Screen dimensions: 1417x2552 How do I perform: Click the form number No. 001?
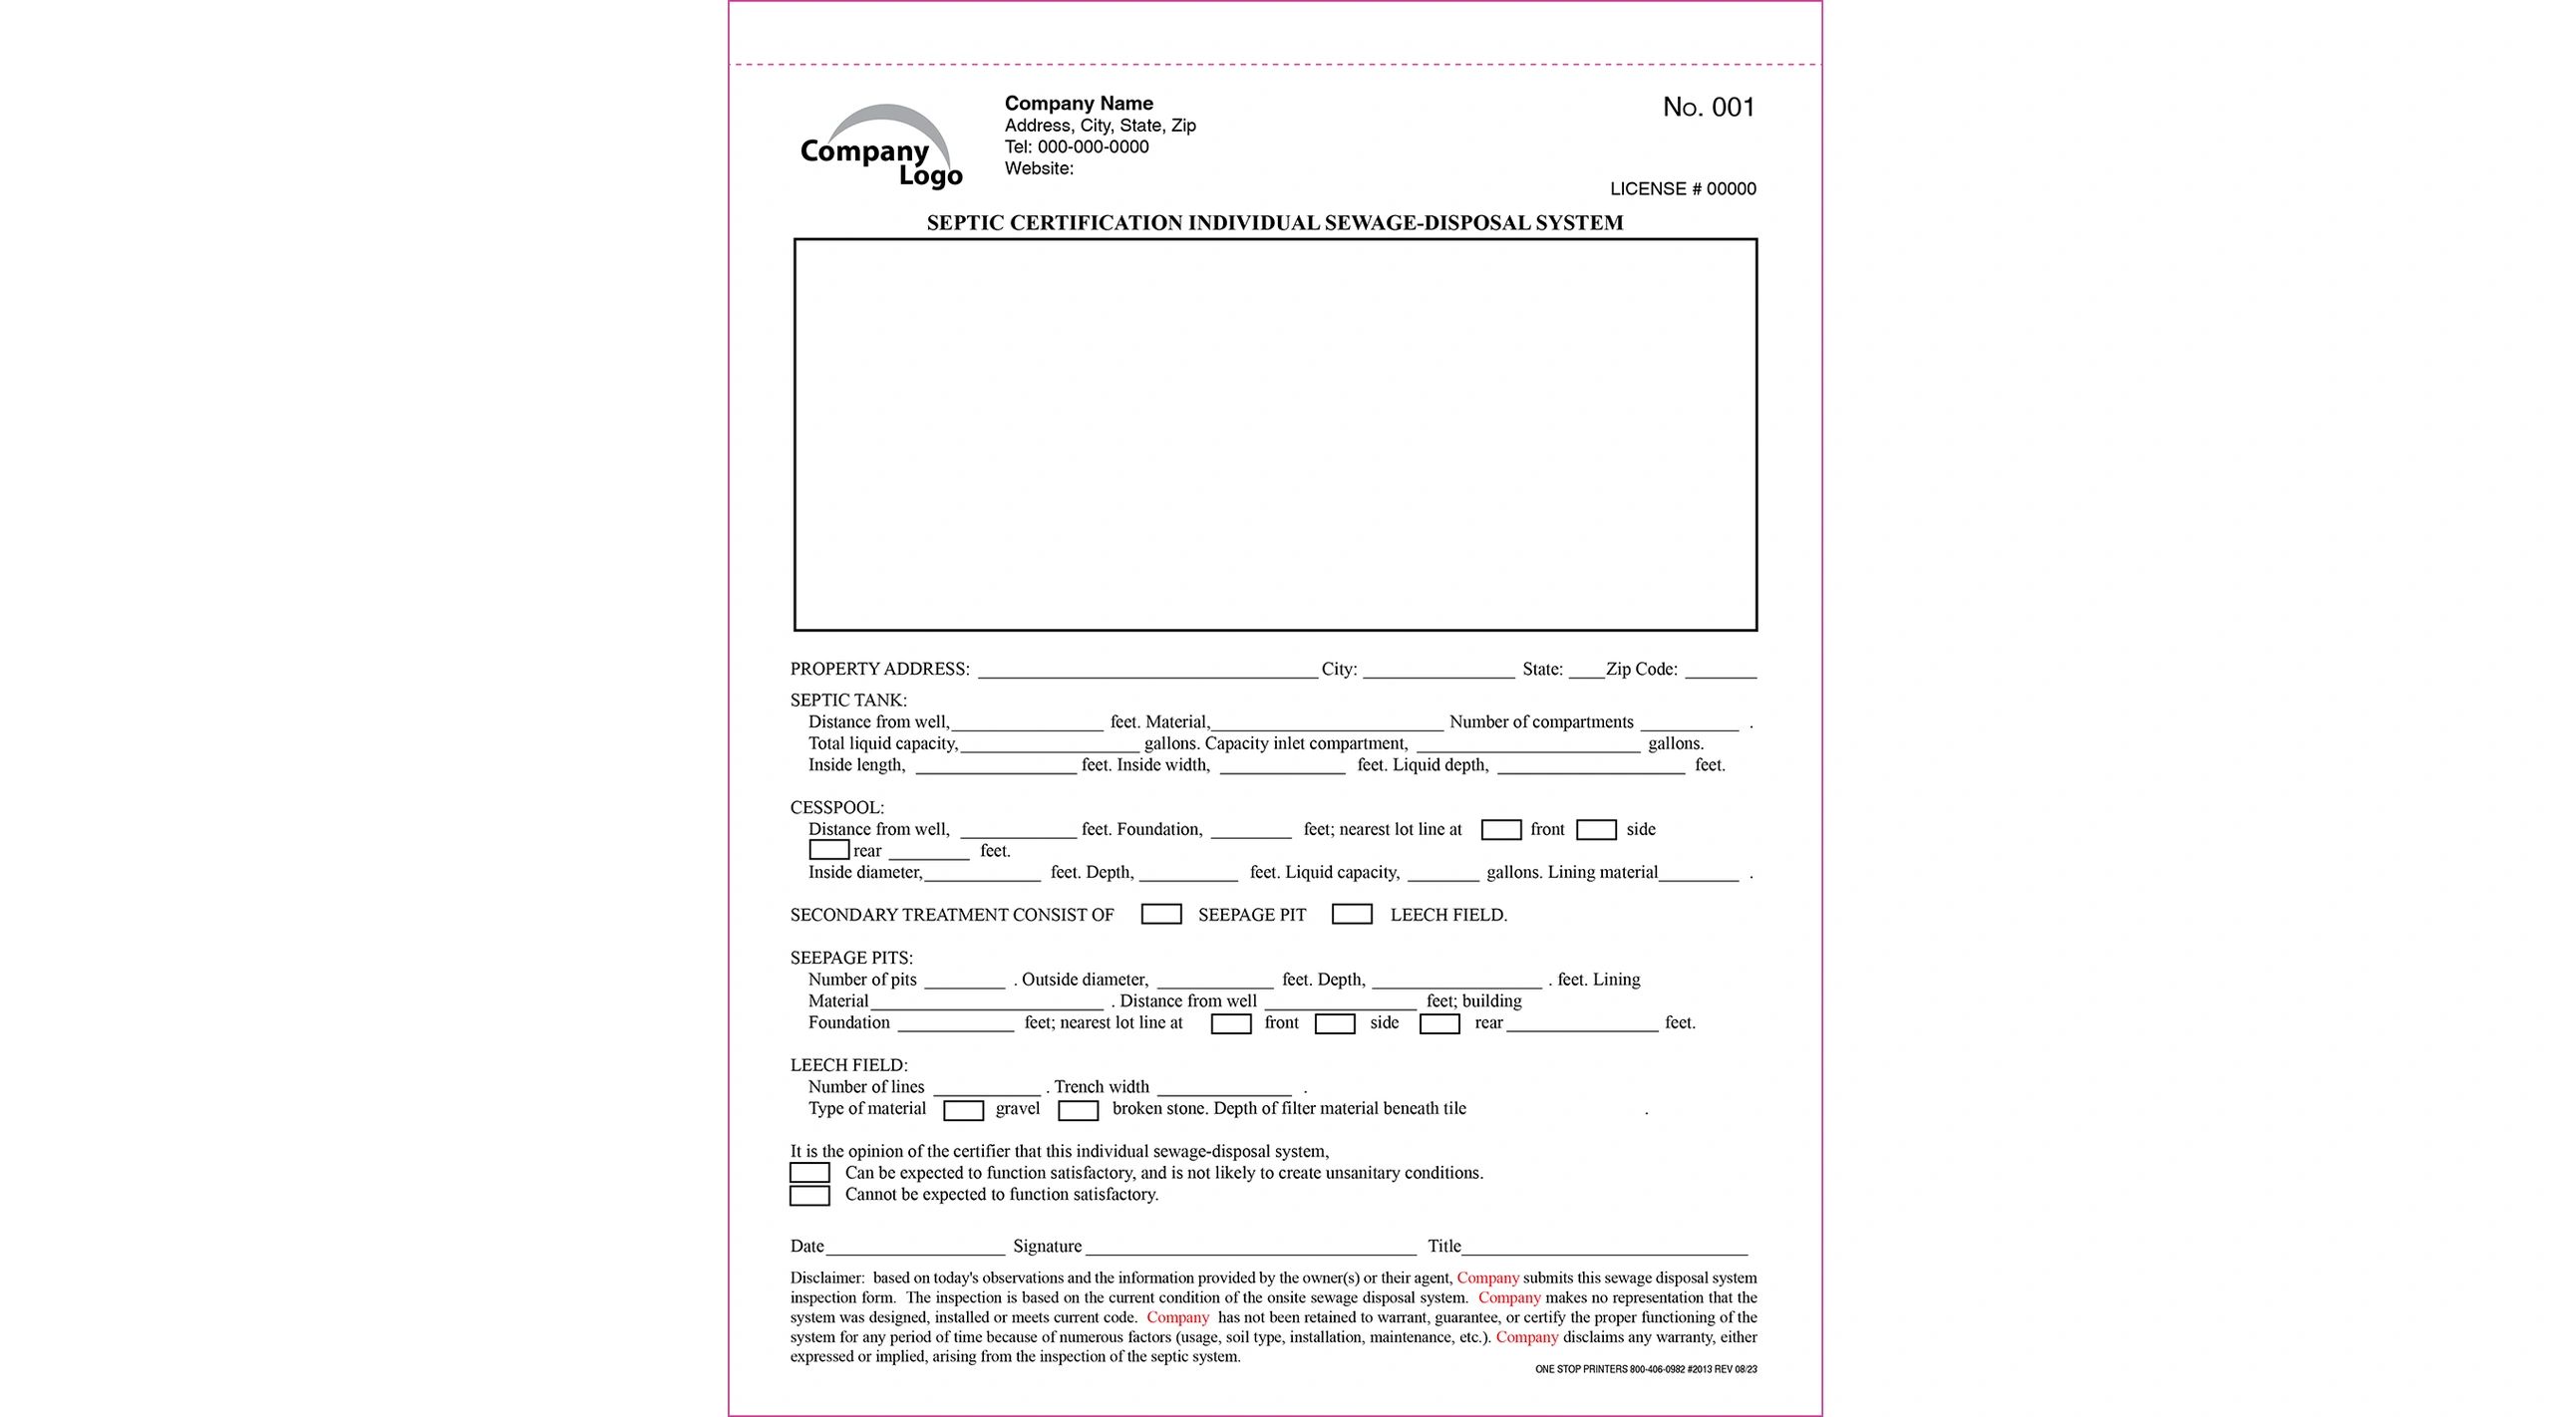1708,108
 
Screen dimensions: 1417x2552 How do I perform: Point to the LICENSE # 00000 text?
1683,189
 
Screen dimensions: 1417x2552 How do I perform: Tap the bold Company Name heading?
1079,104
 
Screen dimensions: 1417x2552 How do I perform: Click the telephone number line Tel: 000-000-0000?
1077,147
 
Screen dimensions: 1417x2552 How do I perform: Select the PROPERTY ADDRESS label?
879,670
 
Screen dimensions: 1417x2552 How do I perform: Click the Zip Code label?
1641,670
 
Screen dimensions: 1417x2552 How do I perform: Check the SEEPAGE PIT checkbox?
1161,915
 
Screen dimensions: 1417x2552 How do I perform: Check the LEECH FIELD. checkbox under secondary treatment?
1352,915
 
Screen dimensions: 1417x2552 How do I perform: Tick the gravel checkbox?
963,1110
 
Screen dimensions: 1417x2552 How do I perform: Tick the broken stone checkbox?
1078,1110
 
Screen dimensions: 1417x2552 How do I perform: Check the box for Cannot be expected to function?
809,1196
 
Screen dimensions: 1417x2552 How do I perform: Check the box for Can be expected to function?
809,1174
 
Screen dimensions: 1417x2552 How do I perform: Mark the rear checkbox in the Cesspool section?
828,851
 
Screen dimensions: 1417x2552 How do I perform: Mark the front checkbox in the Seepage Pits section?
1230,1024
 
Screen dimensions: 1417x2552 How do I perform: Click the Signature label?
1047,1247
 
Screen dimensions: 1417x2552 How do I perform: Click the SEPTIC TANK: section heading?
848,701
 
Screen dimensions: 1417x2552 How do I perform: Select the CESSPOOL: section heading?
837,808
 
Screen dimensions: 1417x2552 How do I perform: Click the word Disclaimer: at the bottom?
827,1278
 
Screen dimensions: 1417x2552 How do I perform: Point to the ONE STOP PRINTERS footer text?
1646,1370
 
